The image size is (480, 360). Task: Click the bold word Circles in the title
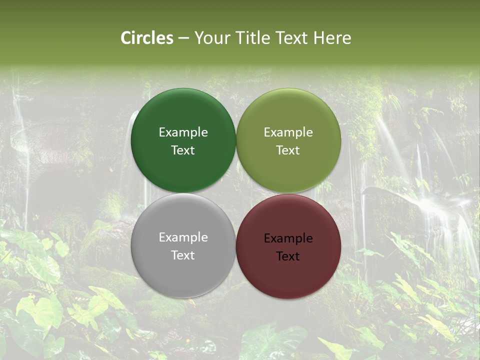[147, 38]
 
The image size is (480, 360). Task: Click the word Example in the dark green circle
[183, 132]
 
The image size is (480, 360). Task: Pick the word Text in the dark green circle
[183, 150]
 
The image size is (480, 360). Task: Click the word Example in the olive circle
[288, 132]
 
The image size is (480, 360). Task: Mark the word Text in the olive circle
[288, 150]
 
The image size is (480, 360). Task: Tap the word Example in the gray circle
[183, 237]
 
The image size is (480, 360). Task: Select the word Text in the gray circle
[183, 255]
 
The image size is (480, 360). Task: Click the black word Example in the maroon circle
[288, 238]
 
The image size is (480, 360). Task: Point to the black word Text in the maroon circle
[288, 256]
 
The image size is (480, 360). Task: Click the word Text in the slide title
[291, 38]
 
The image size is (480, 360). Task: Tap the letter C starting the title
[126, 38]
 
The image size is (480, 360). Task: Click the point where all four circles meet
[236, 193]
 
